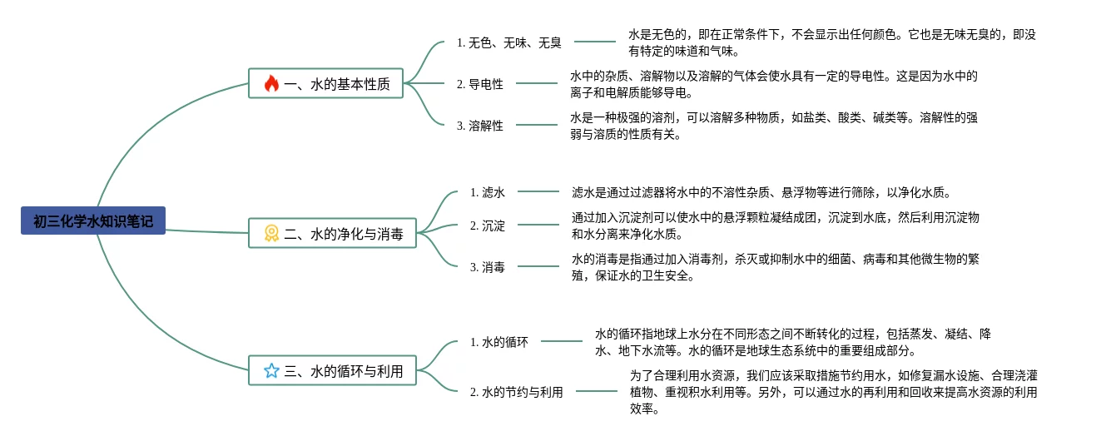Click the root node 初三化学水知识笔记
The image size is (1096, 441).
click(93, 220)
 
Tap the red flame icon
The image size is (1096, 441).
click(271, 84)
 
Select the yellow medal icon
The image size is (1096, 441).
click(271, 234)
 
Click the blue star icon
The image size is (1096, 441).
click(271, 370)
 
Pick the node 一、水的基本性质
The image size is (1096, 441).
click(326, 84)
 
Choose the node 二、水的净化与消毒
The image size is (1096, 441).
click(332, 234)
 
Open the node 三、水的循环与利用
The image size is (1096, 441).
click(332, 370)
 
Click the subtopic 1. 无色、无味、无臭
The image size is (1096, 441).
click(508, 43)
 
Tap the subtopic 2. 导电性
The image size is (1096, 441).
click(480, 84)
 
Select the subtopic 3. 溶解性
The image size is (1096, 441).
click(480, 126)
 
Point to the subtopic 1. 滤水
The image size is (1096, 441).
click(488, 192)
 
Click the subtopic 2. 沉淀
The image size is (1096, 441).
click(488, 225)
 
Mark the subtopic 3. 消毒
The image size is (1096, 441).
click(488, 267)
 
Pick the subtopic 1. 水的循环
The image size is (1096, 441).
click(499, 342)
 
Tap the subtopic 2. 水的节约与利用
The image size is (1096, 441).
click(517, 392)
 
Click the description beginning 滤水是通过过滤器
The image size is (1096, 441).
click(761, 192)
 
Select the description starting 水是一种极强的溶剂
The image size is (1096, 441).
click(774, 126)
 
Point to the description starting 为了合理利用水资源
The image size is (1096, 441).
click(834, 392)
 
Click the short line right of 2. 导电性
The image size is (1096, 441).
click(537, 83)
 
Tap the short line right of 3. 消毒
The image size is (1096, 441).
click(538, 266)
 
